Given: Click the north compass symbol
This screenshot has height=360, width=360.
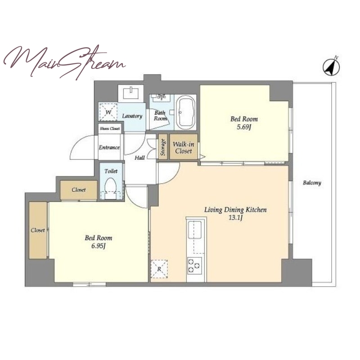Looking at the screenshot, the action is pyautogui.click(x=331, y=67).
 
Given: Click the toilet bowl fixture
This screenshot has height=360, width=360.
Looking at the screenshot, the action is pyautogui.click(x=110, y=189).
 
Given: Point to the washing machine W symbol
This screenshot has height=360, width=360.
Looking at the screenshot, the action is pyautogui.click(x=108, y=112).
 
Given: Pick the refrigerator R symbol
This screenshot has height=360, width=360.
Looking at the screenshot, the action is pyautogui.click(x=159, y=269).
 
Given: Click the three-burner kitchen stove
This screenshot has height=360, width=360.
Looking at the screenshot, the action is pyautogui.click(x=194, y=265).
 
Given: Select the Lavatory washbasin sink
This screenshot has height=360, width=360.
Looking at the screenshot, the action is pyautogui.click(x=130, y=93).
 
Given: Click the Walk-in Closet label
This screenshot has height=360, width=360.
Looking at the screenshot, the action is pyautogui.click(x=184, y=148).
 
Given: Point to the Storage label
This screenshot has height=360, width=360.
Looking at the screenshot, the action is pyautogui.click(x=163, y=147).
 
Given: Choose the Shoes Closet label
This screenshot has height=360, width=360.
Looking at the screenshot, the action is pyautogui.click(x=110, y=129).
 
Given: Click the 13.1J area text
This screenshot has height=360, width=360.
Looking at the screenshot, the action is pyautogui.click(x=235, y=218).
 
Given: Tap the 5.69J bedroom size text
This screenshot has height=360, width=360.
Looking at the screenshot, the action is pyautogui.click(x=244, y=127).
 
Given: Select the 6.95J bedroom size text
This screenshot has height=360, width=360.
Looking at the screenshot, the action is pyautogui.click(x=99, y=246).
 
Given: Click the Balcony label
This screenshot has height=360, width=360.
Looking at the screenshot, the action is pyautogui.click(x=312, y=183).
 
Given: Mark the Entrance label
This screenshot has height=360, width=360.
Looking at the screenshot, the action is pyautogui.click(x=109, y=148).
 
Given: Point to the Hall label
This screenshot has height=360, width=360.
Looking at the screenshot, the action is pyautogui.click(x=139, y=158).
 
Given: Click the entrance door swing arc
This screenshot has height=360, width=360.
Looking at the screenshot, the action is pyautogui.click(x=79, y=144).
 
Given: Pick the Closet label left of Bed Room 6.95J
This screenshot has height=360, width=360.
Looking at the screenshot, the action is pyautogui.click(x=38, y=230).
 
